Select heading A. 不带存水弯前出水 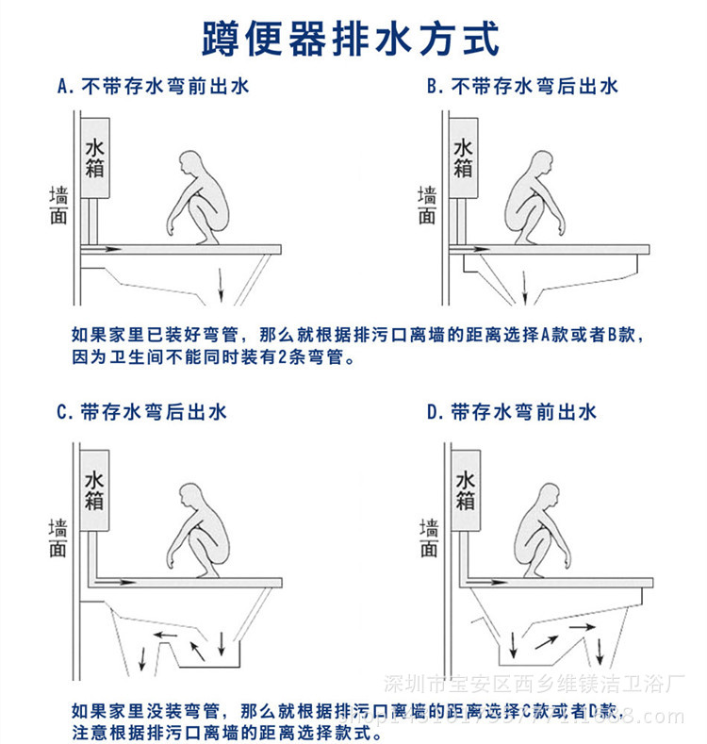point(153,88)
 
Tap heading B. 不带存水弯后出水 point(522,88)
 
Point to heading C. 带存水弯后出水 point(141,412)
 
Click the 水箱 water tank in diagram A point(96,158)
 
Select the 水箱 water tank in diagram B point(464,158)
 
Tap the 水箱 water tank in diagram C point(94,491)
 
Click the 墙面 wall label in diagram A point(58,205)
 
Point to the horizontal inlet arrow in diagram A point(104,250)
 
